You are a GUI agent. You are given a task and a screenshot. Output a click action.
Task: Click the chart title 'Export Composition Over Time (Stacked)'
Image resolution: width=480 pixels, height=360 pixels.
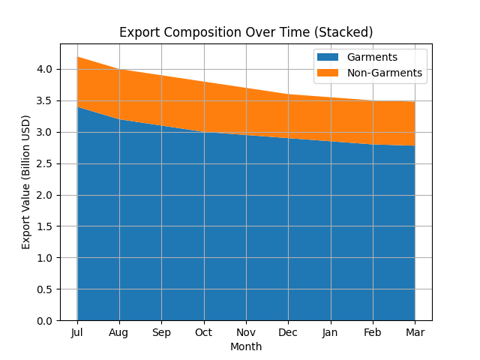pos(246,32)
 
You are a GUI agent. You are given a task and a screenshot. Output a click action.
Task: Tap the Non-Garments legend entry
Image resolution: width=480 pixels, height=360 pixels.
pos(384,73)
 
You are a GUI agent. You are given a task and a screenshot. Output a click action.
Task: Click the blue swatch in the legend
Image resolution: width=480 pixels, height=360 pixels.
pos(328,58)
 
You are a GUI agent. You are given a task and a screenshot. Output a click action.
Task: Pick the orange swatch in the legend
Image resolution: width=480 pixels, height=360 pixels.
pos(328,73)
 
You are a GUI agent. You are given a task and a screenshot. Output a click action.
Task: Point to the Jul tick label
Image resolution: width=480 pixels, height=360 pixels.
pos(77,331)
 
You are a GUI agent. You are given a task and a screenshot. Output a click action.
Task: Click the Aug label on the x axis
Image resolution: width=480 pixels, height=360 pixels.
pos(119,331)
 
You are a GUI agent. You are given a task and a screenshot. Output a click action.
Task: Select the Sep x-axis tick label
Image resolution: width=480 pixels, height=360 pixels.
pos(161,331)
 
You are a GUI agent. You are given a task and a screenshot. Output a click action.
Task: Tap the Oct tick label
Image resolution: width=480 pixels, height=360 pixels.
pos(204,331)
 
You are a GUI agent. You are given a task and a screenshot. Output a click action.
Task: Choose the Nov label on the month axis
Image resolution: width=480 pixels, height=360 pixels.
pos(246,331)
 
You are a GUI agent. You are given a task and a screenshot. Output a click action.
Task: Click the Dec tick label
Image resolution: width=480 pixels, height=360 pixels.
pos(288,331)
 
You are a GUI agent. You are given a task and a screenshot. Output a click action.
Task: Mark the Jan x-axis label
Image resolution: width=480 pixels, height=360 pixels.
pos(330,331)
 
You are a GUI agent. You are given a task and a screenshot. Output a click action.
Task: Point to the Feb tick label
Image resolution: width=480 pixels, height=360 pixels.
pos(373,331)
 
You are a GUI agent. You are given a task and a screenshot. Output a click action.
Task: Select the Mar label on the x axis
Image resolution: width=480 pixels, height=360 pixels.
pos(415,331)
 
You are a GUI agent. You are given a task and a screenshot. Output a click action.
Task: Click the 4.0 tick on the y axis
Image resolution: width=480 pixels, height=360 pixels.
pos(45,69)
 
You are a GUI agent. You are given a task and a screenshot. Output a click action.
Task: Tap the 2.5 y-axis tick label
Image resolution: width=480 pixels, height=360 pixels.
pos(45,163)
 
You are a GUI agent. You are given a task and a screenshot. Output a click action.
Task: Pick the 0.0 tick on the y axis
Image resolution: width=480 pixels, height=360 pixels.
pos(45,321)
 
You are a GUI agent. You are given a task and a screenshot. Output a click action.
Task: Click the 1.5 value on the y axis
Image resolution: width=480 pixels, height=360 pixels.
pos(45,226)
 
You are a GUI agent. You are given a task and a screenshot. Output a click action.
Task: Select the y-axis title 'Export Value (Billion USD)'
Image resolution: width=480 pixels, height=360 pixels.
pos(26,182)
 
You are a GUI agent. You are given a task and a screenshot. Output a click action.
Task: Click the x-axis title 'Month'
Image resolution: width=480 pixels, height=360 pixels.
pos(246,346)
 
